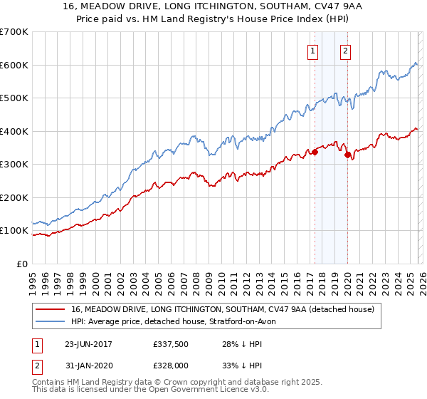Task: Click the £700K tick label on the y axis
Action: pyautogui.click(x=14, y=32)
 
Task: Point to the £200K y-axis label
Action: pyautogui.click(x=14, y=197)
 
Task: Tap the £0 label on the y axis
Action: pyautogui.click(x=22, y=264)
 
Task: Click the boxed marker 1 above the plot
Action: pyautogui.click(x=313, y=51)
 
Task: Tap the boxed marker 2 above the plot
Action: pyautogui.click(x=345, y=51)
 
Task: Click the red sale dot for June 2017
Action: pyautogui.click(x=315, y=152)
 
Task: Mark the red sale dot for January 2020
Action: pyautogui.click(x=347, y=155)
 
